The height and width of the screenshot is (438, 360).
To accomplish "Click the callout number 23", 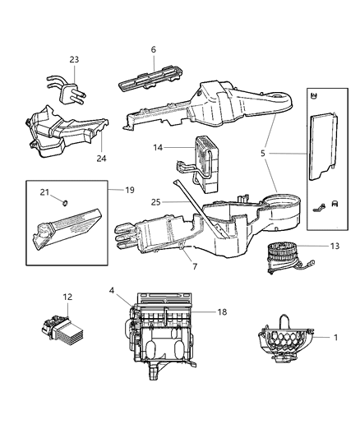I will click(x=74, y=58).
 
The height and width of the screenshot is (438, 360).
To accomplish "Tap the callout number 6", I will click(x=153, y=50).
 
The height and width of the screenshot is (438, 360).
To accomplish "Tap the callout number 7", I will click(x=195, y=266).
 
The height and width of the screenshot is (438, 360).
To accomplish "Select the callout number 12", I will click(x=68, y=297).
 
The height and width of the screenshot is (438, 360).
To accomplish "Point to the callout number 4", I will click(x=112, y=290).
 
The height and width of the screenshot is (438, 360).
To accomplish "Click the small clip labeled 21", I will click(x=65, y=202).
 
